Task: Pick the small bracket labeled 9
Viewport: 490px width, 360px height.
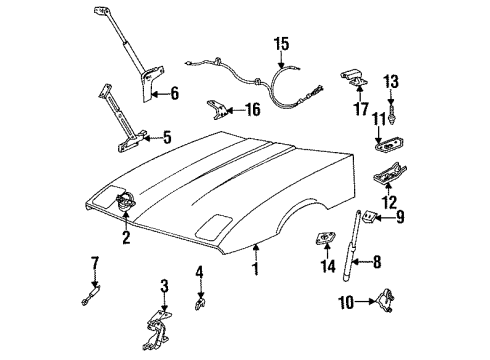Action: click(x=370, y=216)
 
